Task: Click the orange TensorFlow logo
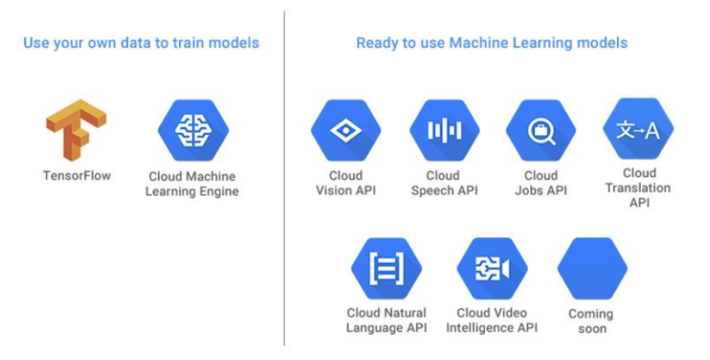pos(76,130)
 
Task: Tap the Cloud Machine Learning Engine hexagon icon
pos(192,129)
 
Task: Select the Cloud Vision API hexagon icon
pos(345,130)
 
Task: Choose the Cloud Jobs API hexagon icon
pos(541,130)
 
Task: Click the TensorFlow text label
pos(76,175)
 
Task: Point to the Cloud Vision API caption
pos(345,183)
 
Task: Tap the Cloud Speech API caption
pos(443,183)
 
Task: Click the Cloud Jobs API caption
pos(541,183)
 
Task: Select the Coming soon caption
pos(591,321)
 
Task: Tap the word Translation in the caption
pos(638,188)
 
